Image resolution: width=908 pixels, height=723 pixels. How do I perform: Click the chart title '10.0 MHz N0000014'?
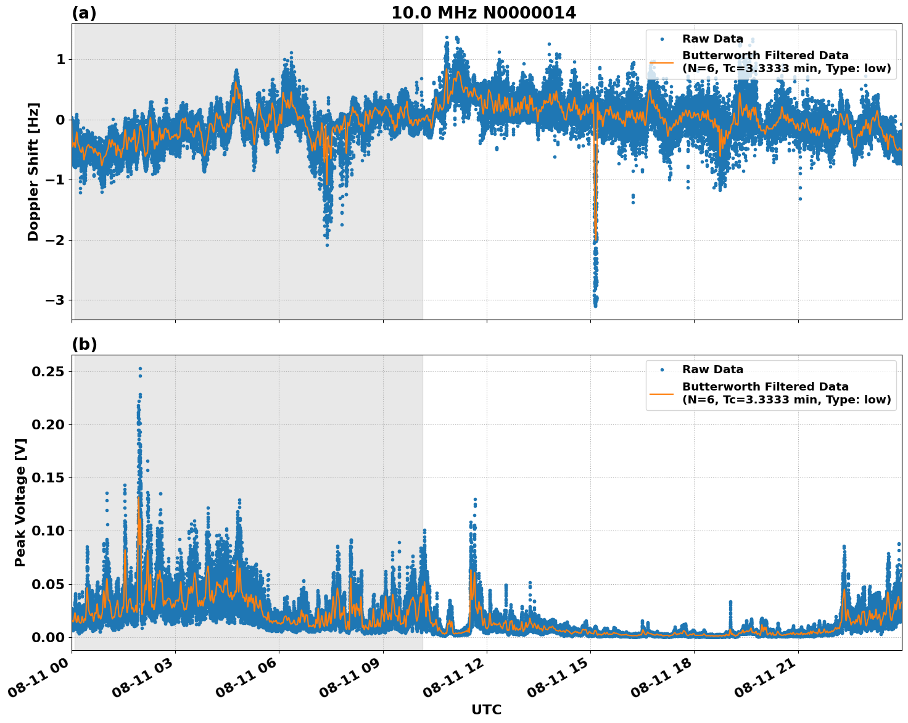click(x=484, y=13)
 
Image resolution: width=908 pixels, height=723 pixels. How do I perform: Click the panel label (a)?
click(x=84, y=13)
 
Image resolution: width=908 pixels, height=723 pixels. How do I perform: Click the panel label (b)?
click(x=84, y=344)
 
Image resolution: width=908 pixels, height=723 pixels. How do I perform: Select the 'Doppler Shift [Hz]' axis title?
click(x=33, y=171)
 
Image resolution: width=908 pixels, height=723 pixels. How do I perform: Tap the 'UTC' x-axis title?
click(x=486, y=710)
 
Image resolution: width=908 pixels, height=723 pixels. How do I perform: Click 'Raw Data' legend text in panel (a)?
click(x=712, y=39)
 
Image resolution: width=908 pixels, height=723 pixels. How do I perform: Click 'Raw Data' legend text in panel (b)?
click(x=712, y=370)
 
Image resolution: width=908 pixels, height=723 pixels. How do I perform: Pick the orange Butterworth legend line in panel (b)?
click(x=662, y=394)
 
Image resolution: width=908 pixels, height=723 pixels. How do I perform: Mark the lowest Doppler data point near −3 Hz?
click(x=595, y=305)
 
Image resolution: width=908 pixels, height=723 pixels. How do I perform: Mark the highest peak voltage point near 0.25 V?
click(x=140, y=368)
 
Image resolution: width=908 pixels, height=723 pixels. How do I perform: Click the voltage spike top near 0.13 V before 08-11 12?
click(x=475, y=499)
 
